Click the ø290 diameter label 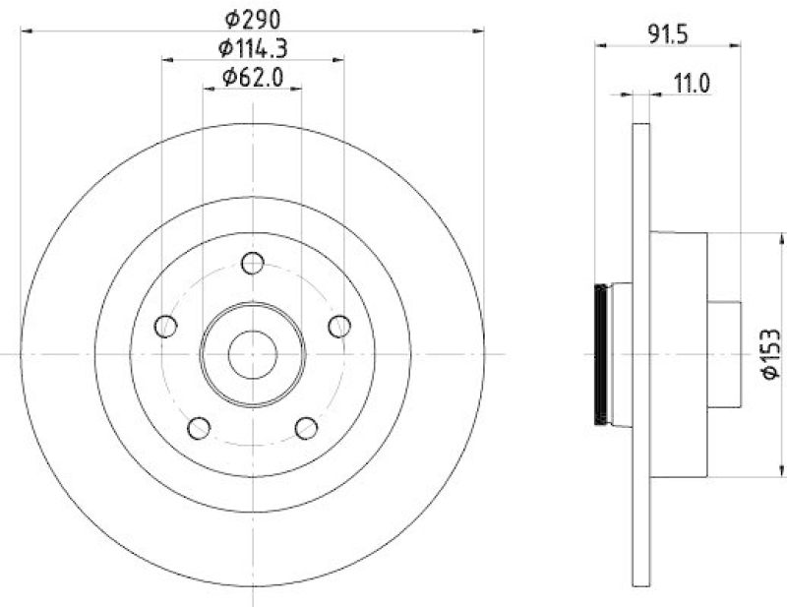tap(253, 17)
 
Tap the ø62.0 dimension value tap(253, 76)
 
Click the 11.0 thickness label tap(693, 83)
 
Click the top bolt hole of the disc tap(253, 263)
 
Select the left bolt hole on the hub tap(166, 326)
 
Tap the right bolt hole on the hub tap(339, 325)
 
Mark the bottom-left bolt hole tap(200, 427)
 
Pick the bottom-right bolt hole tap(306, 427)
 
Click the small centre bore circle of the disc tap(253, 353)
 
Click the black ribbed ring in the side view tap(599, 353)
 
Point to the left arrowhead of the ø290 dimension tap(26, 30)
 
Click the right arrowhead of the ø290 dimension tap(480, 30)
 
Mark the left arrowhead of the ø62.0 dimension tap(208, 90)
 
